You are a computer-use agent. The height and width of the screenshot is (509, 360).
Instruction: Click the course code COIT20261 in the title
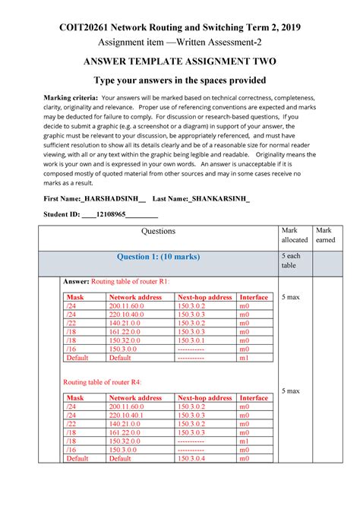(87, 27)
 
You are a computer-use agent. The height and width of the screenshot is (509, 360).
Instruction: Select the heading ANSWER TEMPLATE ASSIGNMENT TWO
(181, 62)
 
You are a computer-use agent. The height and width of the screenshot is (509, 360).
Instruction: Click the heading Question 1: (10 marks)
(159, 257)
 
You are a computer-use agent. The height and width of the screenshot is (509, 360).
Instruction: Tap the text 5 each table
(291, 261)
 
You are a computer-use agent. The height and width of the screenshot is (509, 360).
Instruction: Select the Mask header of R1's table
(75, 297)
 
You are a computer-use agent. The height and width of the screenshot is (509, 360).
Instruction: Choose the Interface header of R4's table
(254, 398)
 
